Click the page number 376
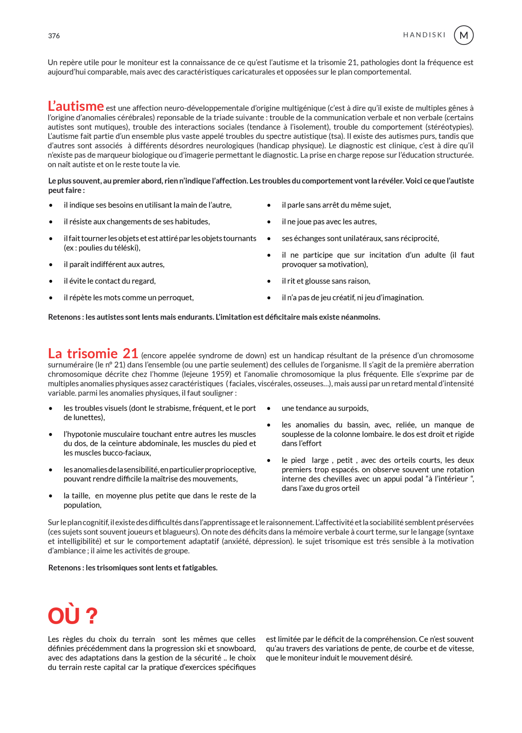[54, 36]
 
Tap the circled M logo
[463, 35]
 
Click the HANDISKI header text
[424, 35]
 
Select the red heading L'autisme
[76, 106]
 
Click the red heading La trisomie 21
[93, 354]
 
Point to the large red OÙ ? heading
[73, 616]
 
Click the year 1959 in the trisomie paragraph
[221, 374]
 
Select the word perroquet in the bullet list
[175, 298]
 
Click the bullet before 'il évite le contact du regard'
[51, 281]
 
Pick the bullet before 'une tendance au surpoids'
[269, 408]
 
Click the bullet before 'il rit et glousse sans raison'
[269, 281]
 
